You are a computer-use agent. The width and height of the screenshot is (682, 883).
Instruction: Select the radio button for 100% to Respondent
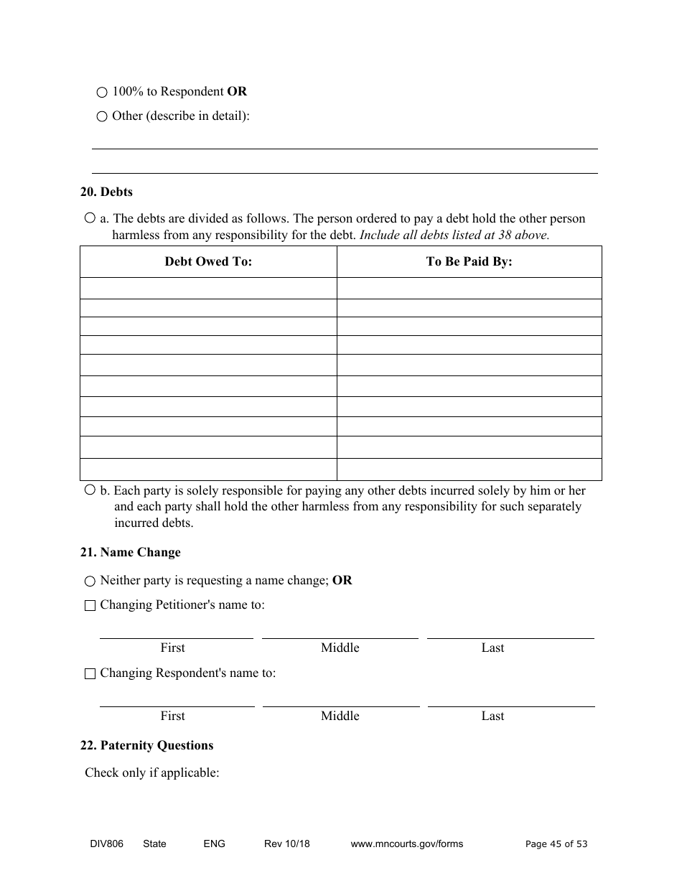(x=102, y=93)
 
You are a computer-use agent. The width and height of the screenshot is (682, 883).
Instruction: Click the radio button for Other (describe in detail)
(x=102, y=116)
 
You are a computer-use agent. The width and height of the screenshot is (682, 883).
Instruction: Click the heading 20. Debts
(x=106, y=192)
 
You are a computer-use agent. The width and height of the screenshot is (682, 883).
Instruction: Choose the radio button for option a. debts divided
(x=90, y=218)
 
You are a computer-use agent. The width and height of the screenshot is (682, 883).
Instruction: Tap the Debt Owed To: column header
(x=208, y=262)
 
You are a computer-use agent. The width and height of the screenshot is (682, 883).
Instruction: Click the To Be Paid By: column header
(x=469, y=262)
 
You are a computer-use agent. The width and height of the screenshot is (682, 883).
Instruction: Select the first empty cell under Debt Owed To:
(x=208, y=289)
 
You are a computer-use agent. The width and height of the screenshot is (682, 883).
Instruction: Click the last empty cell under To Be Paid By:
(x=469, y=469)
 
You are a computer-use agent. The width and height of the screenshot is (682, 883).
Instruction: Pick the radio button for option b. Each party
(x=90, y=490)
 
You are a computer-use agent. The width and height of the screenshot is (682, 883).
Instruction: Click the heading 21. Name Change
(x=130, y=552)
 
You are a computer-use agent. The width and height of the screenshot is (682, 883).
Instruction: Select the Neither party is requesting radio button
(x=90, y=581)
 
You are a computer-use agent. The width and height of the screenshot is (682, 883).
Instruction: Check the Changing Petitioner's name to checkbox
(x=90, y=605)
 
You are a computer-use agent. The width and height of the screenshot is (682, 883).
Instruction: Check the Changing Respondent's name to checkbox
(x=90, y=673)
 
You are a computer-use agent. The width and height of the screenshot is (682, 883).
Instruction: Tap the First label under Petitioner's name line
(x=172, y=648)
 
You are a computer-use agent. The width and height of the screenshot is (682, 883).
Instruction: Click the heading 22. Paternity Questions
(x=146, y=745)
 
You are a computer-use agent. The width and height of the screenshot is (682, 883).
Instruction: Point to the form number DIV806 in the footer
(x=102, y=844)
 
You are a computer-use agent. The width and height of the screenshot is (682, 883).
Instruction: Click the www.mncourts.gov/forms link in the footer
(x=406, y=844)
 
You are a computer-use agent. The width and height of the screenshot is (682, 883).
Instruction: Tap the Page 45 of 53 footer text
(x=556, y=844)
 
